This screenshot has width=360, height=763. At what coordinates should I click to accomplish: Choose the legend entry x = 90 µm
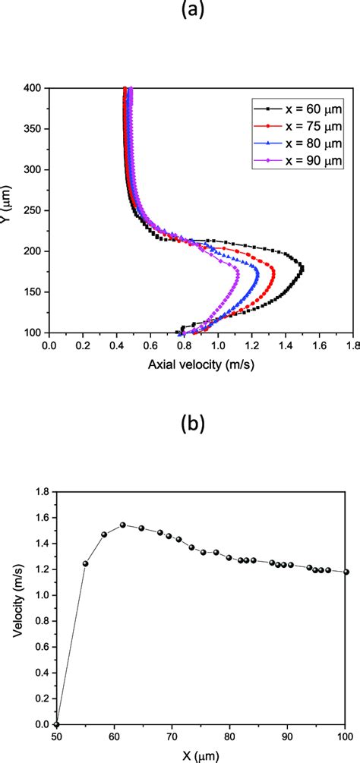point(302,160)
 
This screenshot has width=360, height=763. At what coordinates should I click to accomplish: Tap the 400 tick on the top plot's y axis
point(33,88)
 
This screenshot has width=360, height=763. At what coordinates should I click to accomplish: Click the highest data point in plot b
point(123,525)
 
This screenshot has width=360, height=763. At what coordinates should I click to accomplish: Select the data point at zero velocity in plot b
point(57,724)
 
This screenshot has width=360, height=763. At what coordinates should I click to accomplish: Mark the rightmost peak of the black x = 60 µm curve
point(302,269)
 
